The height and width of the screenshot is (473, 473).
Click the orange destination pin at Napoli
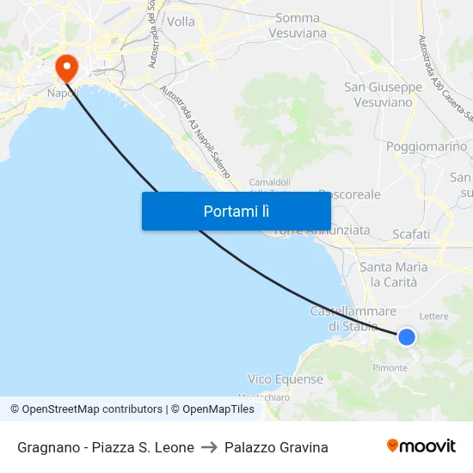point(65,67)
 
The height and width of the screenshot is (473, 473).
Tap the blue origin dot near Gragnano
point(407,336)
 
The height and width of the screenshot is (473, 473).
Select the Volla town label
point(181,21)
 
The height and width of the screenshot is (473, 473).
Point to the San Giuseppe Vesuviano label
point(383,94)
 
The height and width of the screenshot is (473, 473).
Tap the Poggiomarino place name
point(427,146)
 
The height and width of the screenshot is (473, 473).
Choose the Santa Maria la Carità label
point(393,274)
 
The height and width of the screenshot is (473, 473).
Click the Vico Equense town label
point(286,379)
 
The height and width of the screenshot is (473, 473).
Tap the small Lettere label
point(433,316)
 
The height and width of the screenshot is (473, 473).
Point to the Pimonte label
point(390,368)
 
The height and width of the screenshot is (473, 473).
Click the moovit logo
point(421,445)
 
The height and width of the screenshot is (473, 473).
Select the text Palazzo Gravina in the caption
point(276,447)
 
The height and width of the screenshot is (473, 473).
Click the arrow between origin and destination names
point(209,447)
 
